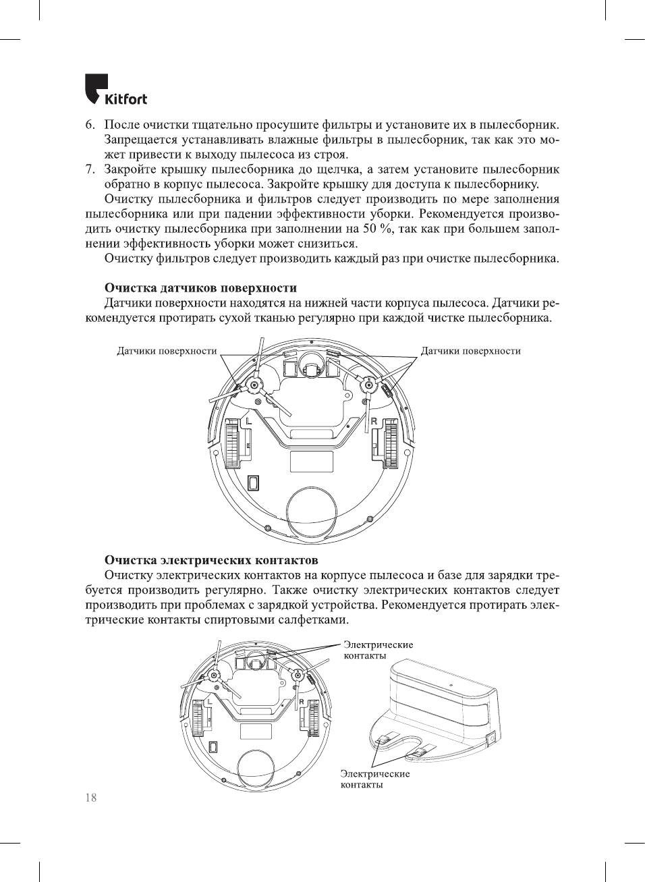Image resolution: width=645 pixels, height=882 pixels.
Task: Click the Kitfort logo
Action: click(x=115, y=90)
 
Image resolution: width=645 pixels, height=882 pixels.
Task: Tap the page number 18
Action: click(x=91, y=798)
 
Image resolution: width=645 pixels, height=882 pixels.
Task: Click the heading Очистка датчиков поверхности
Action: click(x=200, y=288)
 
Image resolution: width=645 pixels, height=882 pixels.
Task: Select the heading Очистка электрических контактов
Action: click(x=211, y=560)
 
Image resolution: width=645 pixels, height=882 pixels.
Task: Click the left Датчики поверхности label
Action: click(x=167, y=351)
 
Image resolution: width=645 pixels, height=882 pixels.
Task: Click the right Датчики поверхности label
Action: click(x=471, y=351)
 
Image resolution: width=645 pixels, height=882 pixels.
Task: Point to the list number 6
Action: click(x=90, y=125)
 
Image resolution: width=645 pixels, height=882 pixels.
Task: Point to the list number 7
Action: click(x=90, y=169)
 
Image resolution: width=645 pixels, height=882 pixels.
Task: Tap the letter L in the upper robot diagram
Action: click(x=248, y=421)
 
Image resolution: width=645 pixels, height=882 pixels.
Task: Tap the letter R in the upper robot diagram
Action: click(x=374, y=421)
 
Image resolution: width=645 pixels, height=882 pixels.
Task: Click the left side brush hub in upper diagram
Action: click(x=254, y=385)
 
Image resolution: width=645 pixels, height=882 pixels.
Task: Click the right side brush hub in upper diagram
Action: click(x=368, y=385)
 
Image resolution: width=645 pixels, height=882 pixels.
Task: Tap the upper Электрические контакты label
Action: click(x=378, y=650)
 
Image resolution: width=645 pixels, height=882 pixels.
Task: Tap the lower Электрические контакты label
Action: click(x=374, y=779)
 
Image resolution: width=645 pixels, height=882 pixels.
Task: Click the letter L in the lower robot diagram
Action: click(x=210, y=702)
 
